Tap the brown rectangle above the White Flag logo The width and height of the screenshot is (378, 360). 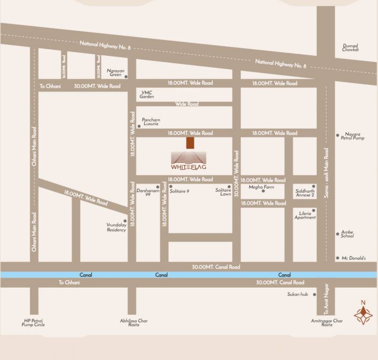coord(190,142)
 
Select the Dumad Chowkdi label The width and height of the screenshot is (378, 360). coord(350,48)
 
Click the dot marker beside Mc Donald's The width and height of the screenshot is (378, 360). coord(338,258)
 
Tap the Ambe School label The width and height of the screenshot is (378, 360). coord(347,234)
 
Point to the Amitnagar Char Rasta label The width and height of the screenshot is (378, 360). coord(327,323)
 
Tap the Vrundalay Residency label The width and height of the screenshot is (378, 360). coord(116,227)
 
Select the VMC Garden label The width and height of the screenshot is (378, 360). coord(147,95)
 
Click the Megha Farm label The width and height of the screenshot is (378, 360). coord(261,187)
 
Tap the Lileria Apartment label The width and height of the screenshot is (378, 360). coord(305,215)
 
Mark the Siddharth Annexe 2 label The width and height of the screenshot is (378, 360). coord(305,193)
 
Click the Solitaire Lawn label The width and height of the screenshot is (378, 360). coord(223,192)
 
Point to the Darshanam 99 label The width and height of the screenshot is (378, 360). coord(145,192)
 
